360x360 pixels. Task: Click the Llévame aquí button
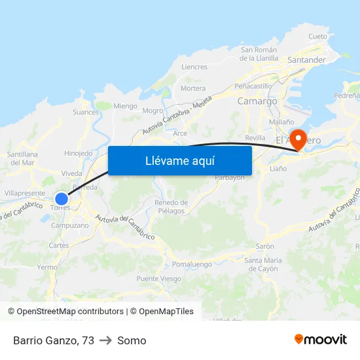(x=180, y=160)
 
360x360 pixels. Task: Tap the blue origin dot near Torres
(x=62, y=198)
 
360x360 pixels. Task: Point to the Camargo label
(x=257, y=101)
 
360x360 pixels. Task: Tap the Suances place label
(x=86, y=112)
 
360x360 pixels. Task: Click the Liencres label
(x=194, y=67)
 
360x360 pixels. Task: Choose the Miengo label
(x=126, y=106)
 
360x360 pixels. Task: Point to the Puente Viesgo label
(x=158, y=279)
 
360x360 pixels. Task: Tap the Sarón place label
(x=265, y=247)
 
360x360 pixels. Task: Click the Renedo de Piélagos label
(x=171, y=207)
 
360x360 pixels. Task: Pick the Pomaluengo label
(x=192, y=264)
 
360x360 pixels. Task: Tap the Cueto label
(x=317, y=37)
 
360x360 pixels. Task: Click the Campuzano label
(x=69, y=225)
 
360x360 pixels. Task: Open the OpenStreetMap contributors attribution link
(x=70, y=312)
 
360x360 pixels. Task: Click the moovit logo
(x=321, y=340)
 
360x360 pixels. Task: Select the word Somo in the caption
(x=132, y=340)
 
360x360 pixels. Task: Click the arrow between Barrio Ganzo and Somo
(x=106, y=340)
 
